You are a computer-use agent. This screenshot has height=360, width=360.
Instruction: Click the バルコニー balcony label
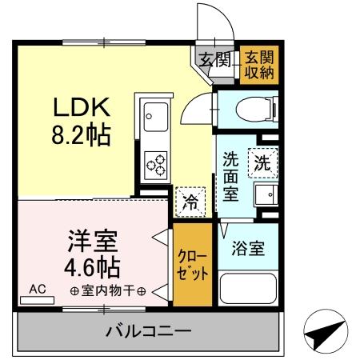[148, 330]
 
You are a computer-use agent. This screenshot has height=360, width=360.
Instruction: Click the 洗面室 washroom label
[231, 176]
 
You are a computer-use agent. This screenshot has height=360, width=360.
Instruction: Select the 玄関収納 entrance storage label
[258, 63]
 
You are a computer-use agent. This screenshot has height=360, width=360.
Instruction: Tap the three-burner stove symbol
[154, 164]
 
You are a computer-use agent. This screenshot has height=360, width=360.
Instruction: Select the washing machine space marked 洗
[262, 162]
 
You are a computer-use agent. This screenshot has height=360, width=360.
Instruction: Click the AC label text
[37, 289]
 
